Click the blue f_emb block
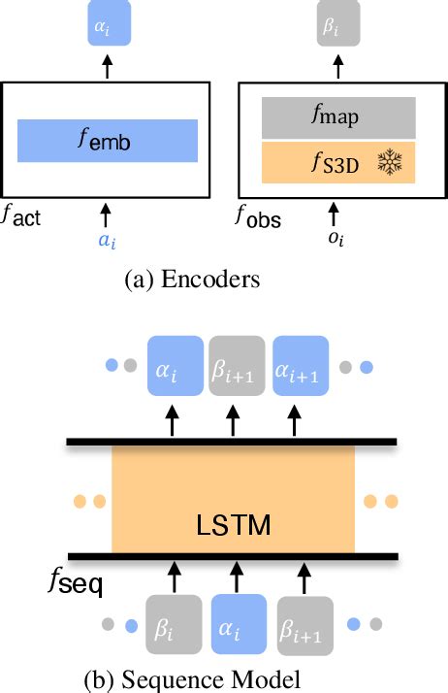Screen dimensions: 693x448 click(x=108, y=141)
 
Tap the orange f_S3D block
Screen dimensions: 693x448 click(x=338, y=162)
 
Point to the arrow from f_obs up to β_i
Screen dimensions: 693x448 click(x=334, y=66)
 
